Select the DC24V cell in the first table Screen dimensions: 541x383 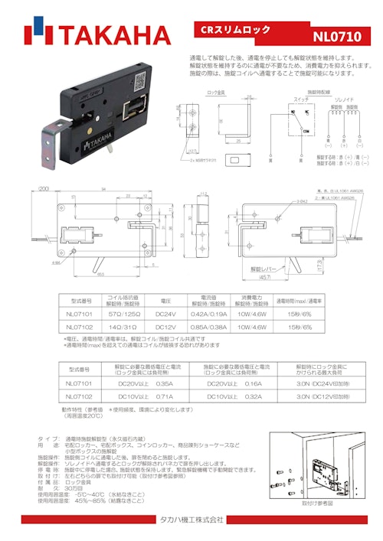(x=166, y=313)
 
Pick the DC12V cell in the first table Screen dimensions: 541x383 (x=166, y=327)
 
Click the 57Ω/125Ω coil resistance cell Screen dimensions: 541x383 (x=122, y=313)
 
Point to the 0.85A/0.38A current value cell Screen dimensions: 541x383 (x=209, y=327)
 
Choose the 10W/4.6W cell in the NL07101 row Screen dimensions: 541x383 (x=253, y=313)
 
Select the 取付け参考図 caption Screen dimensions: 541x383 (x=316, y=504)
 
